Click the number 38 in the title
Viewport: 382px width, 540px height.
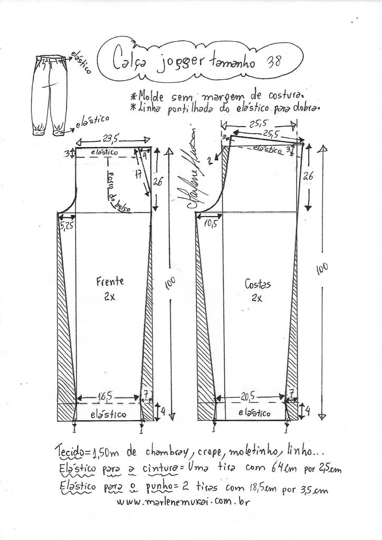(274, 60)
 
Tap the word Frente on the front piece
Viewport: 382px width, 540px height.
(109, 281)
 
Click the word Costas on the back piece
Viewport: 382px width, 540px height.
(257, 284)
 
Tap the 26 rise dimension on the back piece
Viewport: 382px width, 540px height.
(308, 177)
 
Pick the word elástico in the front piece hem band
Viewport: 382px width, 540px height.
(109, 414)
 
